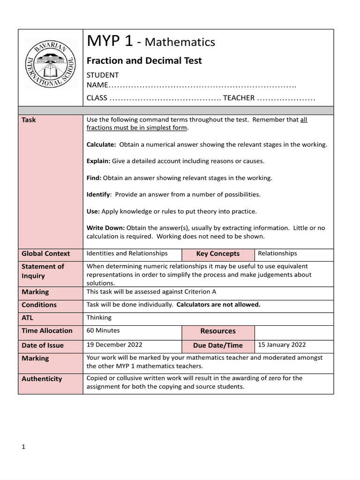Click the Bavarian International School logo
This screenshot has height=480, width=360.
pyautogui.click(x=50, y=63)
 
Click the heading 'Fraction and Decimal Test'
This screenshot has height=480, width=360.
pyautogui.click(x=144, y=60)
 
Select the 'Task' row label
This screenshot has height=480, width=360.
pyautogui.click(x=29, y=120)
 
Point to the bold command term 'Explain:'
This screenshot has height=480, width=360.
pyautogui.click(x=98, y=161)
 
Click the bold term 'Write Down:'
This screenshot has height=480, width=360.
pyautogui.click(x=105, y=228)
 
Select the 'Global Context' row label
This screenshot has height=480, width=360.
pyautogui.click(x=45, y=254)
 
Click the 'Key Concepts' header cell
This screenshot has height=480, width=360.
pyautogui.click(x=217, y=254)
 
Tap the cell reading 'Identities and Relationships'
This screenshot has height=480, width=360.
pyautogui.click(x=127, y=254)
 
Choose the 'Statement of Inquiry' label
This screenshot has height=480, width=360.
pyautogui.click(x=43, y=271)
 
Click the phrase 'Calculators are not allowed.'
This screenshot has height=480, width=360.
pyautogui.click(x=218, y=305)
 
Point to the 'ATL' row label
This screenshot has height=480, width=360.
pyautogui.click(x=28, y=318)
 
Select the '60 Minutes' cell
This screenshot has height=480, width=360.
pyautogui.click(x=103, y=330)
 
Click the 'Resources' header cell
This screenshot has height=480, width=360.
pyautogui.click(x=217, y=331)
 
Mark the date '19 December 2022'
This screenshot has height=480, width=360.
pyautogui.click(x=114, y=345)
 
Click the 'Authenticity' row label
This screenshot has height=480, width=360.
pyautogui.click(x=42, y=379)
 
